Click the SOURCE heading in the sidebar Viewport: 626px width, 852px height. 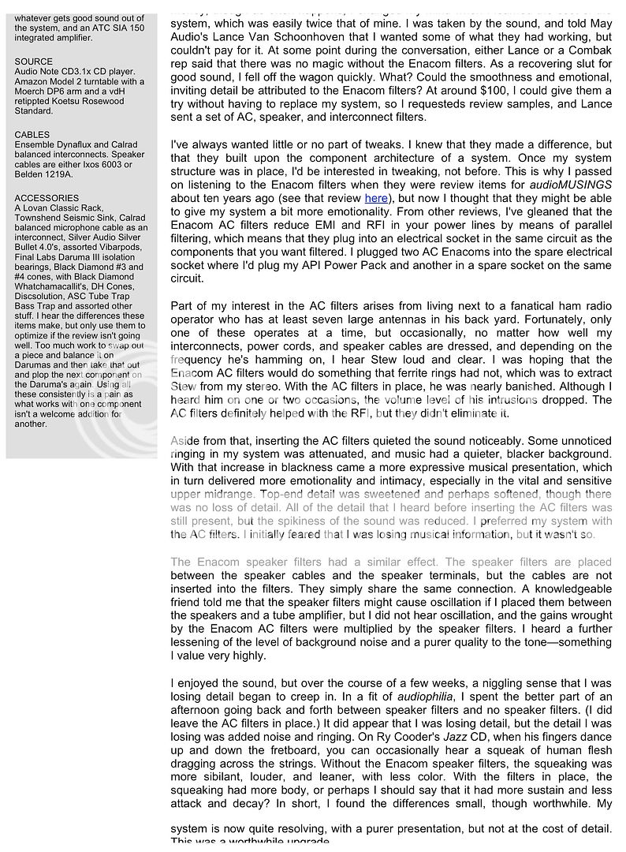34,62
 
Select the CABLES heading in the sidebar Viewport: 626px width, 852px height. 32,135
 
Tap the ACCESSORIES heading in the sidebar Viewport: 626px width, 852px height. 47,198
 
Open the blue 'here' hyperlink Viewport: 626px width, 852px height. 376,198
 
